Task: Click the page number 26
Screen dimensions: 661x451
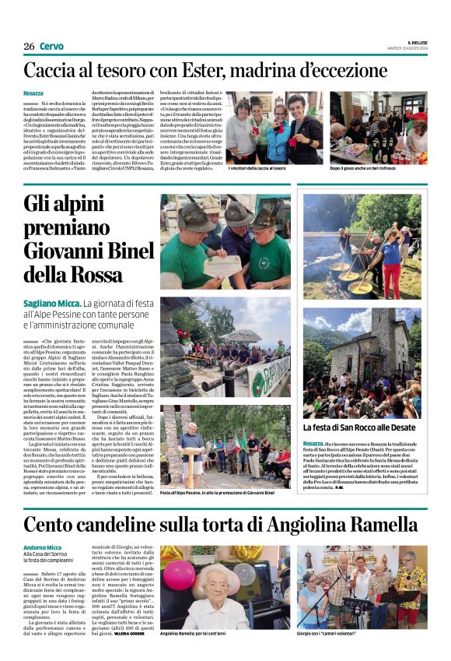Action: (29, 46)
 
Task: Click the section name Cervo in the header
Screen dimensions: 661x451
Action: (51, 46)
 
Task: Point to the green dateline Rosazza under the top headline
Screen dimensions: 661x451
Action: (33, 93)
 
